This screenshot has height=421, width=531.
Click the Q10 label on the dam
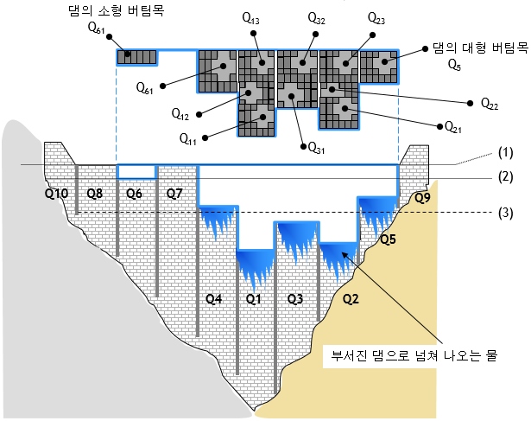pyautogui.click(x=56, y=195)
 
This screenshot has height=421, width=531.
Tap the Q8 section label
pyautogui.click(x=95, y=195)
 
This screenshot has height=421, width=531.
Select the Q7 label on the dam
pyautogui.click(x=174, y=195)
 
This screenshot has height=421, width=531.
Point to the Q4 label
pyautogui.click(x=213, y=299)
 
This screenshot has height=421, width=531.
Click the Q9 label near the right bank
pyautogui.click(x=422, y=198)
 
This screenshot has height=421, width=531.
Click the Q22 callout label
pyautogui.click(x=489, y=103)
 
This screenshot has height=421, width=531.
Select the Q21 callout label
pyautogui.click(x=453, y=127)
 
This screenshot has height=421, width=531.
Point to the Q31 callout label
pyautogui.click(x=317, y=148)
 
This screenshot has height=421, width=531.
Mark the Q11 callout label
pyautogui.click(x=188, y=137)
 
